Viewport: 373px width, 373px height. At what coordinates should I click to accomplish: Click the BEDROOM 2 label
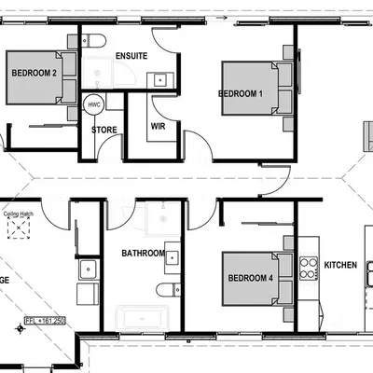coord(34,73)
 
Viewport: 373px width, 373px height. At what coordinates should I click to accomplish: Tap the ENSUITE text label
coord(131,57)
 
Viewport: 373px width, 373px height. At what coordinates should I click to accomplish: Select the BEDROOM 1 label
coord(241,93)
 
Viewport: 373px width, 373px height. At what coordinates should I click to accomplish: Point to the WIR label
coord(158,125)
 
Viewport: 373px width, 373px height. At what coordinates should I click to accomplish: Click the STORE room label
coord(104,129)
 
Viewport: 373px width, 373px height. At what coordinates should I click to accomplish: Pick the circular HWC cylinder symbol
coord(94,104)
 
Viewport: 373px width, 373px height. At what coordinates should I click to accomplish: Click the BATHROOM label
coord(144,253)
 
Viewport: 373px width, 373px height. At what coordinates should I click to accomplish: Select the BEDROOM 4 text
coord(249,277)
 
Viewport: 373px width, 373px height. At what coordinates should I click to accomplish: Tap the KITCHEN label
coord(340,266)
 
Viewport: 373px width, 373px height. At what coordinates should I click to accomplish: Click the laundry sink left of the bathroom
coord(90,270)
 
